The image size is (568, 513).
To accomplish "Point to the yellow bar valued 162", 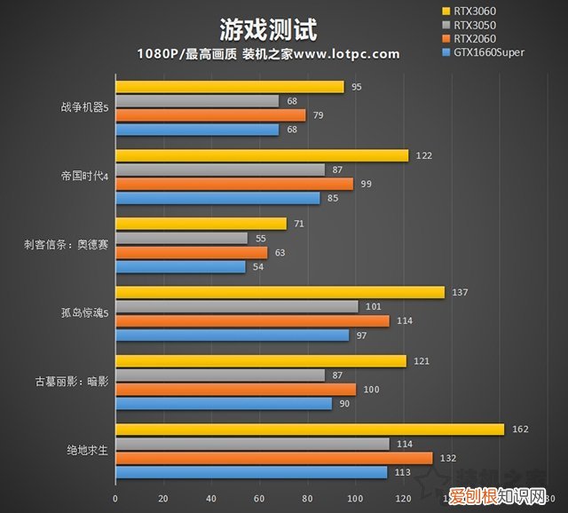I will point(310,430).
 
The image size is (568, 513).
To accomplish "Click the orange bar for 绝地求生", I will point(274,458).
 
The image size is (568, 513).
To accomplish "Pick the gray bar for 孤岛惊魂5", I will point(237,306).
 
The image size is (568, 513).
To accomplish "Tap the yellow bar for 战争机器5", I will point(230,87).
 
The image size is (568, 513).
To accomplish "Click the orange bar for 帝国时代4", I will point(234,184).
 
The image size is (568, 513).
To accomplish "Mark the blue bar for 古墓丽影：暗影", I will point(224,404).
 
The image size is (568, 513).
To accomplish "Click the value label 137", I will point(459,292).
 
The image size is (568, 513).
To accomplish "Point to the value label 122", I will point(423,155).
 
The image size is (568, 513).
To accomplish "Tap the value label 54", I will point(257,267).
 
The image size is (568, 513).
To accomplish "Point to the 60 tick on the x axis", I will point(259,497).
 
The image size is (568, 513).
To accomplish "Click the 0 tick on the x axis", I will point(116,497).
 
